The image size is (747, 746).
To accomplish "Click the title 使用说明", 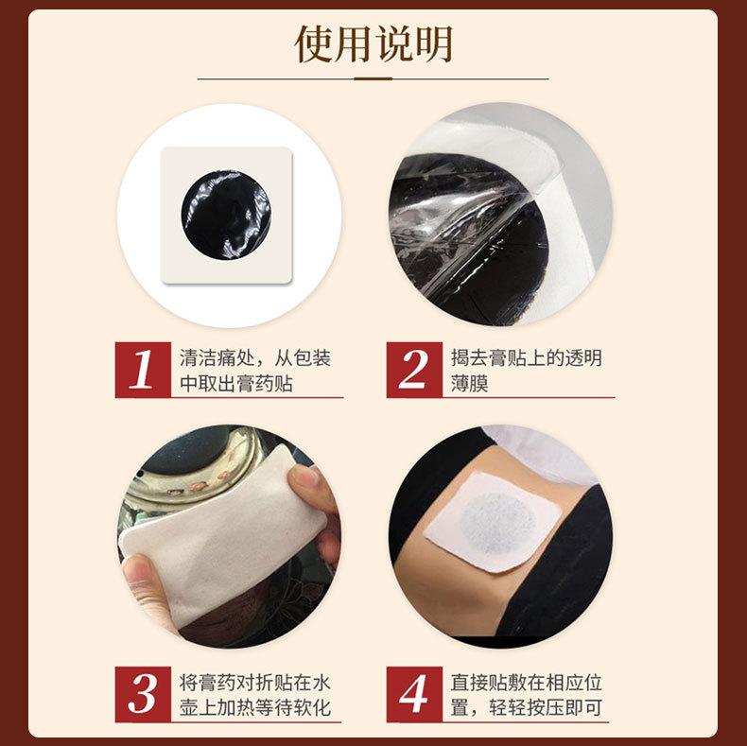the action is [x=373, y=43].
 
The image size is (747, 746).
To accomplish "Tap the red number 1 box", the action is [x=143, y=370].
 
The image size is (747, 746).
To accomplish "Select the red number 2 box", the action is [x=414, y=370].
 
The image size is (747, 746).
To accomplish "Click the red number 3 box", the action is [x=143, y=694].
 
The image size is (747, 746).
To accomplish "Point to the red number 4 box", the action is [x=414, y=694].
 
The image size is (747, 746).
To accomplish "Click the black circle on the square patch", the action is [x=226, y=215].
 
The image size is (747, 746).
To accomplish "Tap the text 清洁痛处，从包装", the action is [x=255, y=358].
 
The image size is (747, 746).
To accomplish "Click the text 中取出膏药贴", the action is [x=235, y=384].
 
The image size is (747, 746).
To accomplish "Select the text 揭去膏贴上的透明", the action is [x=527, y=358].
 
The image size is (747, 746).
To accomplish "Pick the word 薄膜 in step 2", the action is [x=469, y=384].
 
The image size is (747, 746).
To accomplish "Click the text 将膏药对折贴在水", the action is [x=255, y=683].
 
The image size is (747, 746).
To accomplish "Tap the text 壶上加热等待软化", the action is [x=255, y=708].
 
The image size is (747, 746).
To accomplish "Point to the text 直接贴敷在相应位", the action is [x=527, y=683].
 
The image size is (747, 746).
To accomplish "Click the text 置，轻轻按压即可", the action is [x=527, y=708].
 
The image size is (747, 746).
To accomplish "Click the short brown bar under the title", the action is [x=373, y=78].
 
